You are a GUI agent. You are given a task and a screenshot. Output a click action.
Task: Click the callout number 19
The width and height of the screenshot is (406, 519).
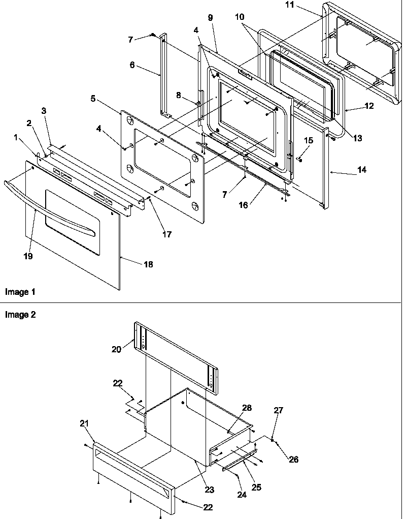coord(28,256)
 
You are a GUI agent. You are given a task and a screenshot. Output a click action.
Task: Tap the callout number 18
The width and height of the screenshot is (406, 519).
coord(148,264)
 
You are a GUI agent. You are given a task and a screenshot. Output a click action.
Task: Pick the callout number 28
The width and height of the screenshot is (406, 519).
coord(247,409)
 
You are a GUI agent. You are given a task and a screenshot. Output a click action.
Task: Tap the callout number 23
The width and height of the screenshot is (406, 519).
coord(209,490)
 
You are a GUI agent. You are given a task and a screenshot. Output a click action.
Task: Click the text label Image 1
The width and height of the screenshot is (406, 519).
coord(20,292)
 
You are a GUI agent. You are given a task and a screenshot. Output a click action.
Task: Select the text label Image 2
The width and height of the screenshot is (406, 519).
coord(20,315)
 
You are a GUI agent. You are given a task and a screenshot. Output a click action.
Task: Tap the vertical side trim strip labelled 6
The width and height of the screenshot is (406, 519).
coord(163,76)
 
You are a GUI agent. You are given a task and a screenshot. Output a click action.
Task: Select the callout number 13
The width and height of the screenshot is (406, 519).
coord(358,138)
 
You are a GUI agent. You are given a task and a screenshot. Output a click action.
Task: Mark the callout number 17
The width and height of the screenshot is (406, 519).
coord(166,234)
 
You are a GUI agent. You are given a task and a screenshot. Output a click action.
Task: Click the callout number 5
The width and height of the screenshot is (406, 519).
coord(93,99)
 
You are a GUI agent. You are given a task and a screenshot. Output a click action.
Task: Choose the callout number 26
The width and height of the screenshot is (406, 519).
coord(294,460)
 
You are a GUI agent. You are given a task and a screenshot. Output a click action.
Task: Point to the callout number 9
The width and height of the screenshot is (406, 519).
coord(210,17)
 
